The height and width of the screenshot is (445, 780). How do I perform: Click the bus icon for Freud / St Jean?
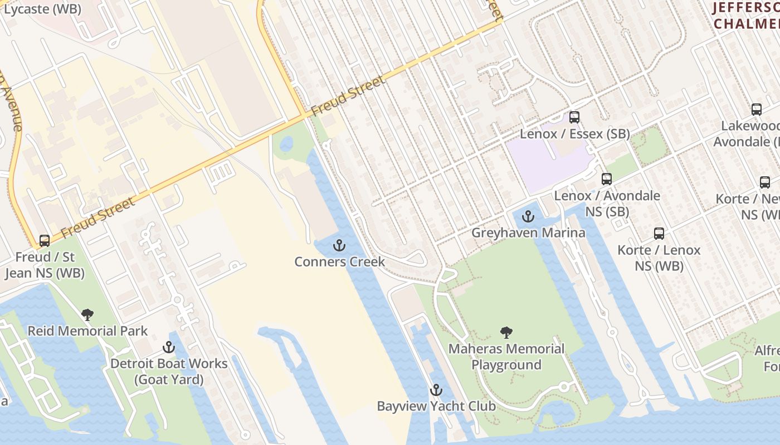point(45,241)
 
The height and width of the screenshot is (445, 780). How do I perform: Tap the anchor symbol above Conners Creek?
point(339,245)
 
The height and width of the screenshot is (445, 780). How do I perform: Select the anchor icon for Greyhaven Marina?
point(528,216)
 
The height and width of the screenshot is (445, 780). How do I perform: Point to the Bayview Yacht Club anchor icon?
point(436,390)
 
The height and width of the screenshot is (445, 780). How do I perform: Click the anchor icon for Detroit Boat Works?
point(168,348)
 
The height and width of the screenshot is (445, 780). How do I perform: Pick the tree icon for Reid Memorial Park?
point(87,315)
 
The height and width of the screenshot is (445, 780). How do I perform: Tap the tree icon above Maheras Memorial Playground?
point(506,333)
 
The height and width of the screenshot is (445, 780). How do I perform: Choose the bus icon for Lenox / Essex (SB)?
point(574,117)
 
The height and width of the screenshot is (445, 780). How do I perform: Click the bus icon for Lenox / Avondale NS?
point(607,179)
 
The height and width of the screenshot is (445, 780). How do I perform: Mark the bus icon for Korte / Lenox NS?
point(659,234)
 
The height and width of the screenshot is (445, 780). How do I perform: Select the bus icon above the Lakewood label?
point(756,110)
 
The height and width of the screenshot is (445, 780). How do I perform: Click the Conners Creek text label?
point(339,261)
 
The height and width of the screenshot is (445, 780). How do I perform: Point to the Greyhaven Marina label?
point(528,233)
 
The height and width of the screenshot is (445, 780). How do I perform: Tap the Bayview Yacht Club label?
point(436,406)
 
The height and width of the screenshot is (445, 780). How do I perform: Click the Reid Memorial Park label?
point(87,331)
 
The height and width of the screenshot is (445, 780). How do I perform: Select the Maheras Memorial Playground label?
point(506,357)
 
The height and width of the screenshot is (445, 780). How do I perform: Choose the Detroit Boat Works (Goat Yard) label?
point(169,372)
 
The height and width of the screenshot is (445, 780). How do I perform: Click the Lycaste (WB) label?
point(42,9)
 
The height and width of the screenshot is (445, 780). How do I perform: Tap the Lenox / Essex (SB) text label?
point(574,134)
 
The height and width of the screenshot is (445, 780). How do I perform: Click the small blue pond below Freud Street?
point(286,144)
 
